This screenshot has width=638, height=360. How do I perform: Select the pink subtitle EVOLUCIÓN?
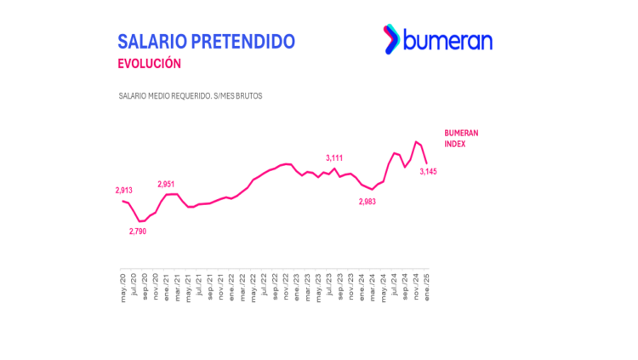149,63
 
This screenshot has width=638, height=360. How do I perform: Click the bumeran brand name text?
447,39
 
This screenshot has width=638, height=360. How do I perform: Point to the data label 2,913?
124,191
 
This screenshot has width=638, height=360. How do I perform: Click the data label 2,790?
138,231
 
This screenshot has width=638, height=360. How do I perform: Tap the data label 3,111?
334,157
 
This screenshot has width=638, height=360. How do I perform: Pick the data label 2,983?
367,202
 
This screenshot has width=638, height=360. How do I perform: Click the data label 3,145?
429,171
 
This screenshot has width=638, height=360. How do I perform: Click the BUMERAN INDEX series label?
461,139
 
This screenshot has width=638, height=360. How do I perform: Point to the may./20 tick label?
124,285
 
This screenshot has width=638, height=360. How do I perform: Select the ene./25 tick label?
426,285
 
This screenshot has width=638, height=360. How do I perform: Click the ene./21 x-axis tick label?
168,285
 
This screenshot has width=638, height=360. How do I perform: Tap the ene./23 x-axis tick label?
297,285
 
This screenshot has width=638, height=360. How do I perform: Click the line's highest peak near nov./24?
416,141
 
